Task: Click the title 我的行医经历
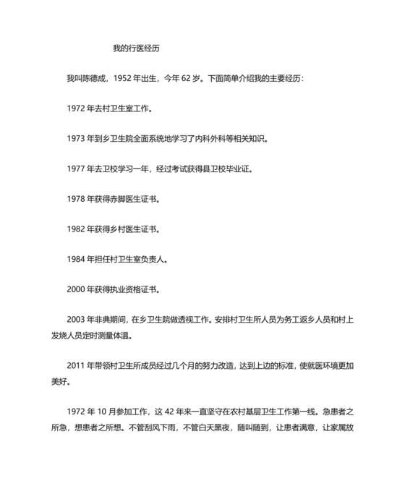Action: pos(135,49)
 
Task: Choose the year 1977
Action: pos(75,169)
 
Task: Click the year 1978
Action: pos(75,199)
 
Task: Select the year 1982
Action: pos(75,229)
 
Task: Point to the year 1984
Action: pos(75,260)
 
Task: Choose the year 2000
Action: pos(75,290)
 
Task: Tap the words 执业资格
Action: pos(123,290)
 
